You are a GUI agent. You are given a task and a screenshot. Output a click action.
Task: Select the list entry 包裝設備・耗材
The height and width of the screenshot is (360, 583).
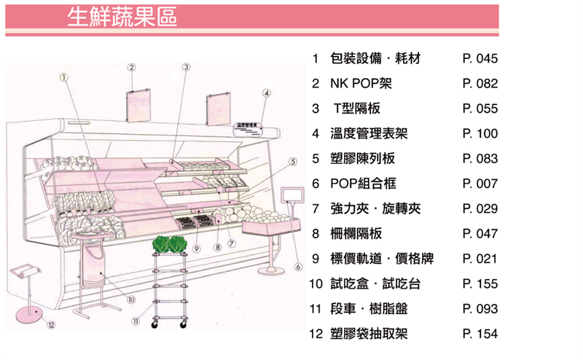click(376, 58)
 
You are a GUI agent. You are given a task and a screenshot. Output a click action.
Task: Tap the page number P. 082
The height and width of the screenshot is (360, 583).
click(480, 84)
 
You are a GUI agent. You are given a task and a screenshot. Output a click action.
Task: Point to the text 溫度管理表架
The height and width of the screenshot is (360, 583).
click(369, 133)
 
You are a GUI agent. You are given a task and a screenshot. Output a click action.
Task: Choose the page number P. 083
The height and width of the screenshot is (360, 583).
click(480, 159)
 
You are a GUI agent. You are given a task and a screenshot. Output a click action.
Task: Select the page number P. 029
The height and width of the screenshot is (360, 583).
click(480, 209)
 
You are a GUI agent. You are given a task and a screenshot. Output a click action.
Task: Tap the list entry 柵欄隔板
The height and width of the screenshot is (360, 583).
click(356, 234)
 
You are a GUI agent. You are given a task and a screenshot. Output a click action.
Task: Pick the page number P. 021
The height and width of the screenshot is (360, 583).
click(480, 259)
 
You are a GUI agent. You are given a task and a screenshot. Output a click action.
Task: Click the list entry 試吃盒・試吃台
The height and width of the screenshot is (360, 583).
click(375, 283)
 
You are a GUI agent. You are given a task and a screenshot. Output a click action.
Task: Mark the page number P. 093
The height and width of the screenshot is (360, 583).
click(480, 309)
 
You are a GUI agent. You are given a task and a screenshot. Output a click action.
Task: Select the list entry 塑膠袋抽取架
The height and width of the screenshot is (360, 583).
click(369, 334)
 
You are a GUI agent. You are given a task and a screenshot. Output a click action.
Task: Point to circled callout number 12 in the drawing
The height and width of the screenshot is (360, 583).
click(50, 324)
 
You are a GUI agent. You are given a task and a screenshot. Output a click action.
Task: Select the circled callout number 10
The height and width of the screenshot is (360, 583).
click(131, 299)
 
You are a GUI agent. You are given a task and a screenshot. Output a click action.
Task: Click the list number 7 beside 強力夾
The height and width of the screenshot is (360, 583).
click(316, 209)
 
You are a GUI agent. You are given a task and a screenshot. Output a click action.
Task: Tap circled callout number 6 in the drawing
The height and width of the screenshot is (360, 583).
click(298, 267)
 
